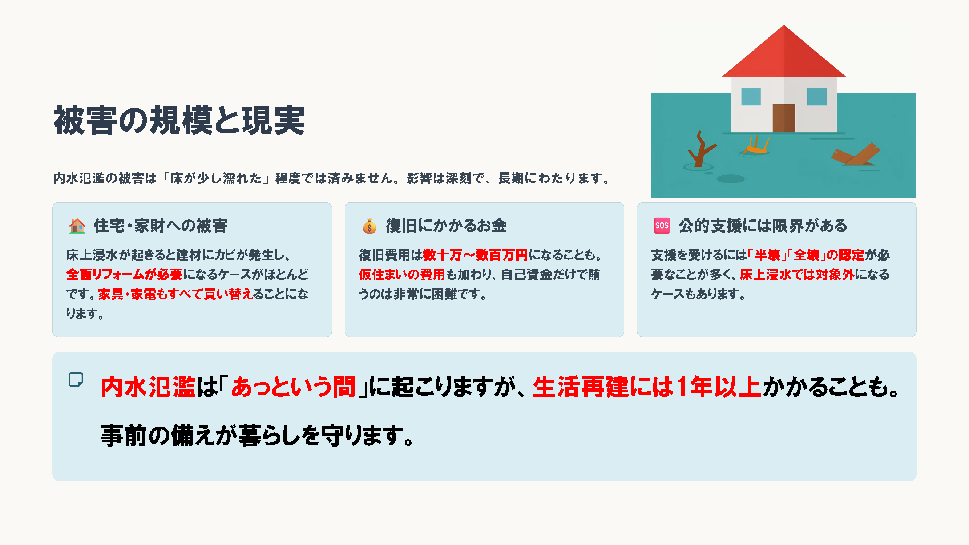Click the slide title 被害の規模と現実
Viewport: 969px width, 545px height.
pos(179,120)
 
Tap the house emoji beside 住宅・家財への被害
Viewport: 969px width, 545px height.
pos(77,226)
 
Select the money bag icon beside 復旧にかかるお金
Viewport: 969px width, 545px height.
pos(370,226)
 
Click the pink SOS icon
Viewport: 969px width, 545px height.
pos(662,226)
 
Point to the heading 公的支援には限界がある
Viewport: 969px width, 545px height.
pos(763,226)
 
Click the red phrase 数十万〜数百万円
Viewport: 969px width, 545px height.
pos(476,255)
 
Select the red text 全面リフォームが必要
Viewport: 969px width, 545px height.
pos(125,275)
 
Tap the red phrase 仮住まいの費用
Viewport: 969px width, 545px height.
pos(402,275)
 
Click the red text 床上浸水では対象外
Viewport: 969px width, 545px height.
pos(797,275)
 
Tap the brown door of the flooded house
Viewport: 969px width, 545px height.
pos(784,118)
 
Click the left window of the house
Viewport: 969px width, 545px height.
pos(751,97)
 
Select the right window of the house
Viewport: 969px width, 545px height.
pos(817,97)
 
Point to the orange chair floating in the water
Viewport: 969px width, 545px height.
pos(755,146)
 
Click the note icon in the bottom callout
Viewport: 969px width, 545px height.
pos(76,380)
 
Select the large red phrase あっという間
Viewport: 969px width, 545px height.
pos(294,387)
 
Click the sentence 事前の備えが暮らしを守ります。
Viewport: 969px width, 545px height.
pos(257,436)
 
